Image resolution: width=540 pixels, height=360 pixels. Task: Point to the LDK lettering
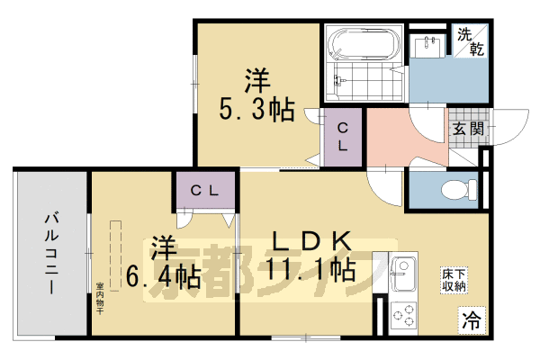click(310, 240)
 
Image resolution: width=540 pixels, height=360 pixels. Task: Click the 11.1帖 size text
click(309, 269)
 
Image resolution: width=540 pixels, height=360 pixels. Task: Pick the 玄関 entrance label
click(467, 129)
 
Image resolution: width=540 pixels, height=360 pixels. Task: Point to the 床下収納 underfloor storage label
click(454, 279)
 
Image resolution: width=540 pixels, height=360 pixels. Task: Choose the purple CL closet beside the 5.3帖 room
click(344, 135)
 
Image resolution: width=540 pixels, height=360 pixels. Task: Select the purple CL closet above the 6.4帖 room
click(207, 190)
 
